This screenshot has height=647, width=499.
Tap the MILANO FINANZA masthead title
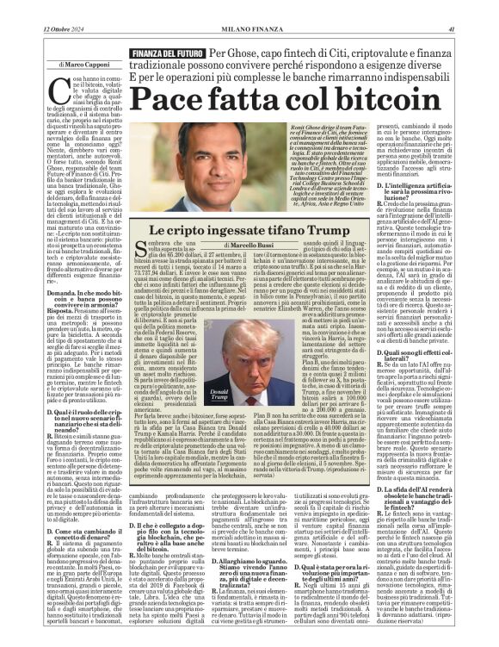point(249,28)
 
